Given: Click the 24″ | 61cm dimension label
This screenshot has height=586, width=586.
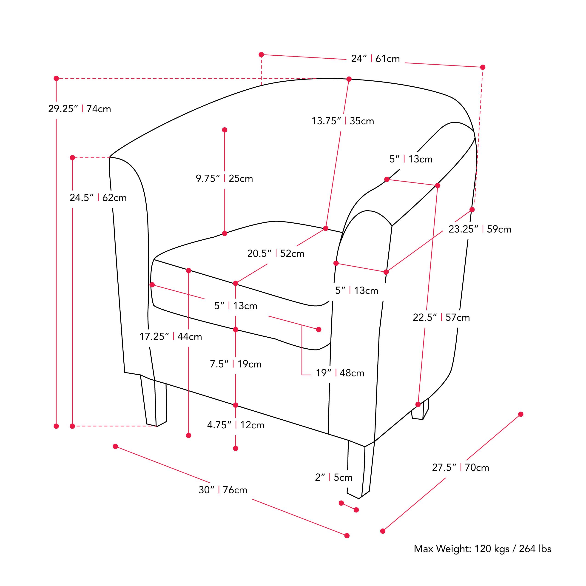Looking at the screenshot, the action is [x=375, y=59].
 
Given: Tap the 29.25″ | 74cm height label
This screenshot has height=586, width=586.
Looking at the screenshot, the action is [x=80, y=109].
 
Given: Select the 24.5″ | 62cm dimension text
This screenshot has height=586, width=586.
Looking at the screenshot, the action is [x=98, y=197].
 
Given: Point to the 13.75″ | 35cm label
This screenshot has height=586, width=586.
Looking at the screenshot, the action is [x=343, y=121].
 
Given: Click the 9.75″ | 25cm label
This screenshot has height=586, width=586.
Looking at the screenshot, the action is [x=224, y=178].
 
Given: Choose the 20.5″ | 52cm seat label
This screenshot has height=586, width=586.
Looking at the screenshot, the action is [x=276, y=253].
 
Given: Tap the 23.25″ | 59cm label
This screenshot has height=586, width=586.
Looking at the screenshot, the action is [x=480, y=229].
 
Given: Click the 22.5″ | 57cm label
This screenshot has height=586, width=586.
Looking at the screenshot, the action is [x=441, y=317].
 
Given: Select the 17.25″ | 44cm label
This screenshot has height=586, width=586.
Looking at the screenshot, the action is [x=171, y=336].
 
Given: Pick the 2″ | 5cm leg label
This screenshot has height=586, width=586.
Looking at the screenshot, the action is [x=334, y=477].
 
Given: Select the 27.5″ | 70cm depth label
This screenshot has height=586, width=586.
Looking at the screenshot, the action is [x=461, y=467].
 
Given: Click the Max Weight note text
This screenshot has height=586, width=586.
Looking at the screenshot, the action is [x=483, y=549].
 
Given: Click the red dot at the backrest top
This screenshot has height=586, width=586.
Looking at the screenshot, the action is [x=349, y=79].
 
